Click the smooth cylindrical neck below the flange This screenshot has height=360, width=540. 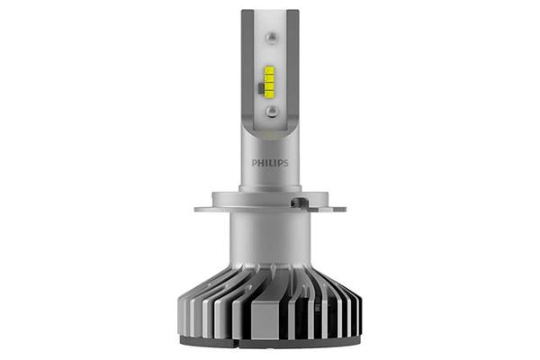(270, 238)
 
